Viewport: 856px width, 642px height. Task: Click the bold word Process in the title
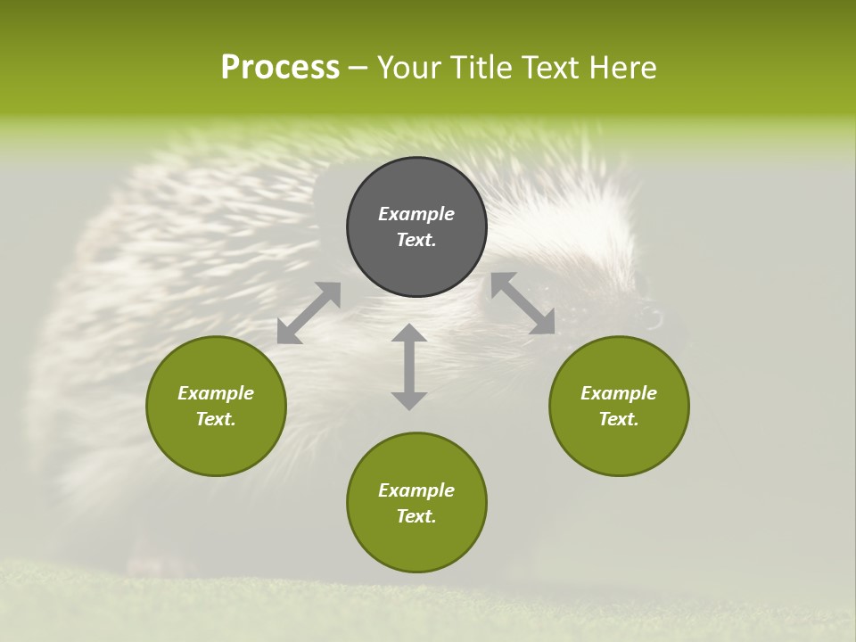coord(280,68)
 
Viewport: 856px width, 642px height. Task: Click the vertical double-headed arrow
coord(409,366)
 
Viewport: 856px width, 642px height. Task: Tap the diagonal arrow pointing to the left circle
coord(309,313)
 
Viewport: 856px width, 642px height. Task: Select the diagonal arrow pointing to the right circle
coord(523,303)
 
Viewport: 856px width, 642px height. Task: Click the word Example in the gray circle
coord(416,214)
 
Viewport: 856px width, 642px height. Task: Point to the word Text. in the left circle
coord(216,419)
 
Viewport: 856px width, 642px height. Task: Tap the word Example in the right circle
coord(619,393)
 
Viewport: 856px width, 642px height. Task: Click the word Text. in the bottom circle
coord(416,516)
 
